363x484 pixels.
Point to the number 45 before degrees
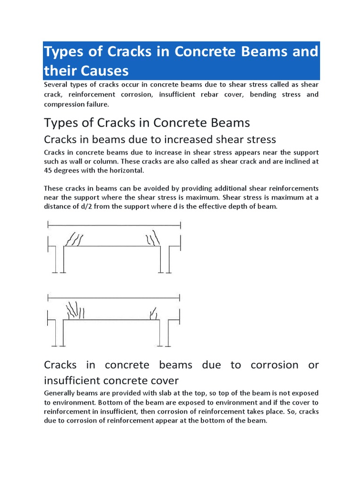point(48,171)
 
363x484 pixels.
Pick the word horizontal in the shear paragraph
point(122,171)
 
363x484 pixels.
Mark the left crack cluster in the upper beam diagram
point(75,240)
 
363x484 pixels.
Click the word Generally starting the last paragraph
point(60,393)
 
